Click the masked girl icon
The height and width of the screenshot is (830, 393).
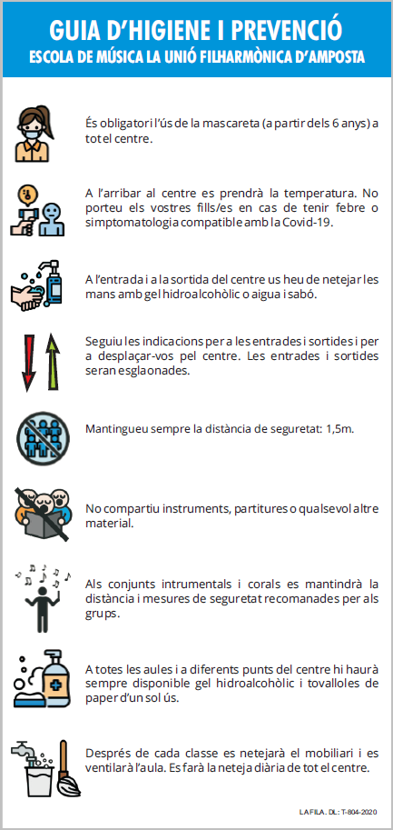(x=34, y=133)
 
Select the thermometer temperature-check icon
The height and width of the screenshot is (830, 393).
(x=37, y=210)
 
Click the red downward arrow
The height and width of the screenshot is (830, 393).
(x=27, y=362)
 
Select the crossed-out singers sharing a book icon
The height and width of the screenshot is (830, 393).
(x=43, y=514)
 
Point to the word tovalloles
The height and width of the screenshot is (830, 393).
(x=328, y=683)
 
